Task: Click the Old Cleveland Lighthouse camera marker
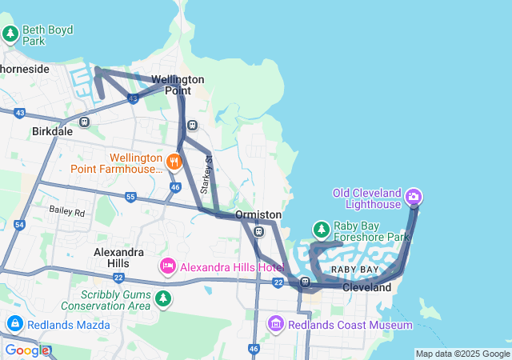click(x=414, y=196)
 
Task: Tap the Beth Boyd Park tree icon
click(x=10, y=34)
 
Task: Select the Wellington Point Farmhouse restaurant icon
click(x=174, y=161)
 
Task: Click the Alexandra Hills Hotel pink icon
click(x=168, y=266)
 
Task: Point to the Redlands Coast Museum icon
click(x=276, y=324)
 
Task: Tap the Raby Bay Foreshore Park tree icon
click(x=321, y=230)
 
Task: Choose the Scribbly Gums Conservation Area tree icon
click(x=163, y=298)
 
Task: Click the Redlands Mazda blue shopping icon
click(x=14, y=324)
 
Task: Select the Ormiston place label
click(x=258, y=215)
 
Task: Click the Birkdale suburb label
click(x=52, y=131)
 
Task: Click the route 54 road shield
click(x=19, y=226)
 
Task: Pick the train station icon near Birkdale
click(x=85, y=122)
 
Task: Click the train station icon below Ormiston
click(x=258, y=232)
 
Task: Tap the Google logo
click(x=26, y=350)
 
